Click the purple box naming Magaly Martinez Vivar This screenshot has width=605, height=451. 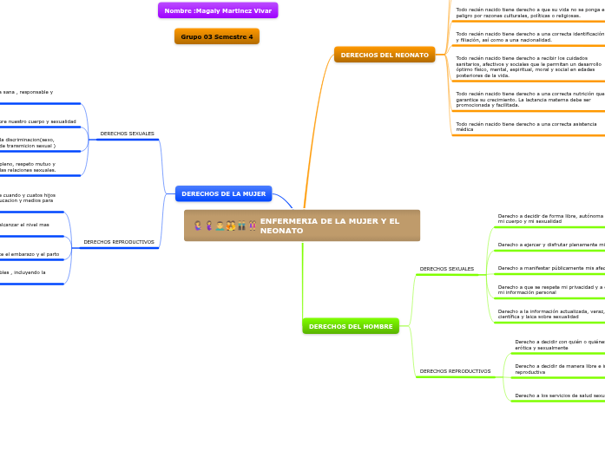pyautogui.click(x=217, y=10)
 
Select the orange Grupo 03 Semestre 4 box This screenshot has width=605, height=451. pyautogui.click(x=217, y=36)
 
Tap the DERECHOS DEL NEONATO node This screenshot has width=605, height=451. pyautogui.click(x=384, y=55)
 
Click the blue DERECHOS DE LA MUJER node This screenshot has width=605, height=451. pyautogui.click(x=223, y=193)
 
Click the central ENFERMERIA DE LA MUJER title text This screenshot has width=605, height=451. pyautogui.click(x=330, y=225)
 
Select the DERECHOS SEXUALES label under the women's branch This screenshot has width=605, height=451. pyautogui.click(x=127, y=134)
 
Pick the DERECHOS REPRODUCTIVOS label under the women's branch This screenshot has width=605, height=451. pyautogui.click(x=119, y=242)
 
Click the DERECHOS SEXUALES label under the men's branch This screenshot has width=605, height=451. pyautogui.click(x=446, y=269)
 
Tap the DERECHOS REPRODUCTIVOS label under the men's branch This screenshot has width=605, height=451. pyautogui.click(x=455, y=371)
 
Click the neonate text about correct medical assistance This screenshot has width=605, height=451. pyautogui.click(x=526, y=126)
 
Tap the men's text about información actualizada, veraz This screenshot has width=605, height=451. pyautogui.click(x=550, y=314)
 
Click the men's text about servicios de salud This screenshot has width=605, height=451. pyautogui.click(x=559, y=395)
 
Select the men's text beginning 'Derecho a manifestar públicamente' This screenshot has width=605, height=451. pyautogui.click(x=550, y=268)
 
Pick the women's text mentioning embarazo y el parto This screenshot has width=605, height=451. pyautogui.click(x=30, y=254)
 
